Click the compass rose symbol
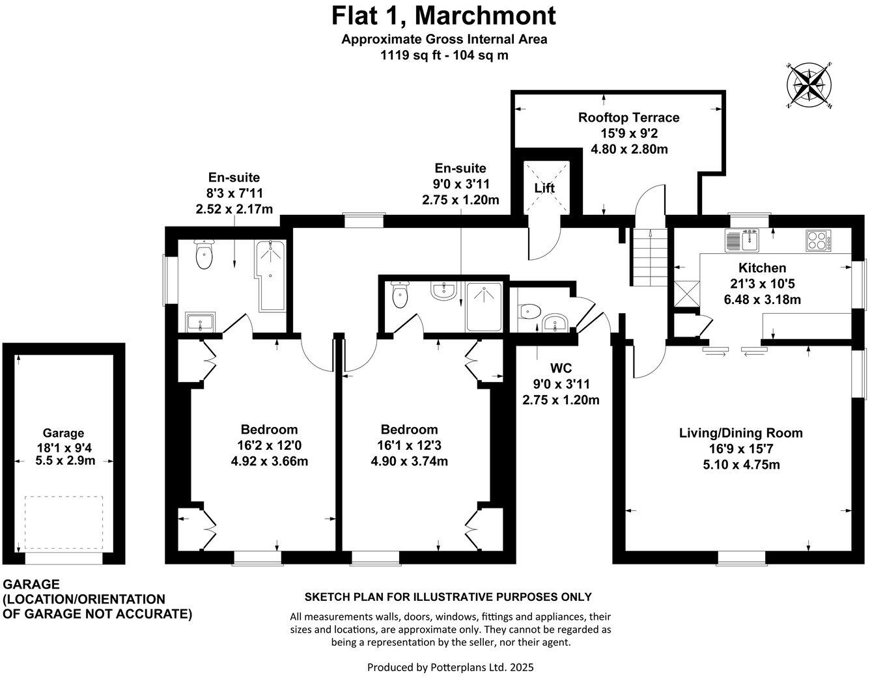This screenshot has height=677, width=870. pyautogui.click(x=809, y=86)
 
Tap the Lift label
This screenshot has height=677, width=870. pyautogui.click(x=544, y=189)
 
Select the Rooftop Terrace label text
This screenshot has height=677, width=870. pyautogui.click(x=628, y=118)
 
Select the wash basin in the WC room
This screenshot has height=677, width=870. pyautogui.click(x=555, y=321)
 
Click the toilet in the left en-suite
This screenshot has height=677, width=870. pyautogui.click(x=204, y=256)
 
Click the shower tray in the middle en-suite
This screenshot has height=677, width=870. pyautogui.click(x=484, y=307)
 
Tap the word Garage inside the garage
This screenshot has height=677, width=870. pyautogui.click(x=63, y=433)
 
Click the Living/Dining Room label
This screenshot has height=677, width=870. pyautogui.click(x=740, y=433)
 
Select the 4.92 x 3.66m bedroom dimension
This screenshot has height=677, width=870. pyautogui.click(x=269, y=462)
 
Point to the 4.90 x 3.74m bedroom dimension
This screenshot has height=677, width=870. pyautogui.click(x=409, y=462)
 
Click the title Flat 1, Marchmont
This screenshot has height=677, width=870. pyautogui.click(x=444, y=14)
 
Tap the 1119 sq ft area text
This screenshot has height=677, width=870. pyautogui.click(x=444, y=55)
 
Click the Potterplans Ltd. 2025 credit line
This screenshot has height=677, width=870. pyautogui.click(x=450, y=667)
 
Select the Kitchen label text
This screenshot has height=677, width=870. pyautogui.click(x=762, y=268)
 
